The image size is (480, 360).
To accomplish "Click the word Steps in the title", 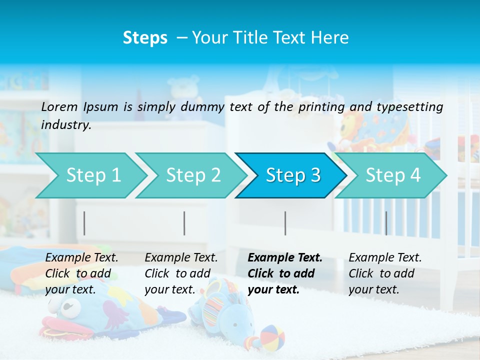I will tap(145, 38).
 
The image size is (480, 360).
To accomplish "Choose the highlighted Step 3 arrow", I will tap(293, 175).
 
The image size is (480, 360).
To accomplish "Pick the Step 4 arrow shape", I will tap(393, 175).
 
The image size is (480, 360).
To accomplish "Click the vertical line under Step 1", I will tap(84, 223).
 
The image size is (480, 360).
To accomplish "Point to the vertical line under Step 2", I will tap(184, 223).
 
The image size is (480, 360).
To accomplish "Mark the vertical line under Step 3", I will tap(285, 223).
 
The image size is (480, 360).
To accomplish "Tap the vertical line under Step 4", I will tap(386, 223).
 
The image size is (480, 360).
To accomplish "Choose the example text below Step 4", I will tap(384, 273).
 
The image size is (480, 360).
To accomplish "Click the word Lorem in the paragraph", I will tap(60, 106).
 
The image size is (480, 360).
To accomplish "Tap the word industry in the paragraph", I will tap(65, 124).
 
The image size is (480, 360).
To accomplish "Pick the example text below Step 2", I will tap(180, 273).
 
